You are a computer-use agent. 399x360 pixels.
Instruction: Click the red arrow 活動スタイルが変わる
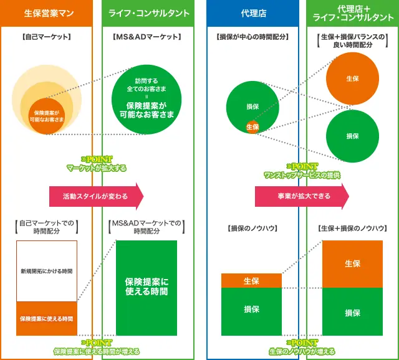pos(95,196)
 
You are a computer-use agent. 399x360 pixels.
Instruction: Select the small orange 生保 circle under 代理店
pos(252,126)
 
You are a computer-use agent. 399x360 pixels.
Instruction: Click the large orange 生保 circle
pos(352,79)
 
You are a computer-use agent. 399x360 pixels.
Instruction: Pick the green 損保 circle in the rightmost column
pos(352,136)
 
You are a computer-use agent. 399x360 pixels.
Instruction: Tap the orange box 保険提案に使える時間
pos(47,319)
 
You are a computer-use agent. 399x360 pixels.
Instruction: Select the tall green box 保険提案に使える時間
pos(147,287)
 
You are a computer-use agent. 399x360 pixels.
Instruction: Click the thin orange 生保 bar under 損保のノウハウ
pos(251,281)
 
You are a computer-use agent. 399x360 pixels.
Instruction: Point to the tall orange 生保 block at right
pos(352,263)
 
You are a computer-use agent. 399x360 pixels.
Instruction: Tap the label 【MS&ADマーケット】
pos(148,37)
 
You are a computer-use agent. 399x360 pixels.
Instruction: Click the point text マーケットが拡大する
pos(97,168)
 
